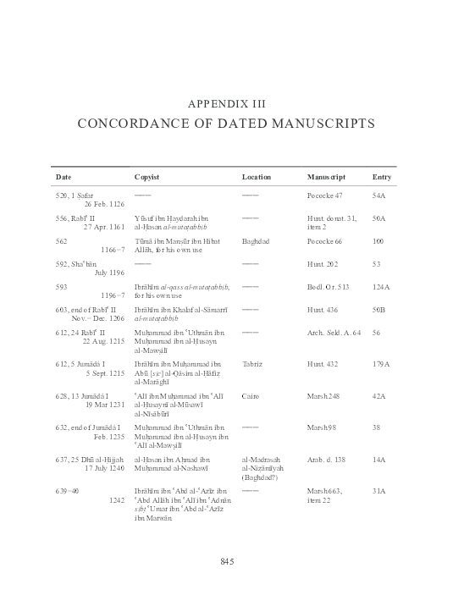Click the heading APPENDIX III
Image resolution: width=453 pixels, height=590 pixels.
pyautogui.click(x=226, y=105)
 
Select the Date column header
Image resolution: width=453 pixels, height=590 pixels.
pyautogui.click(x=64, y=178)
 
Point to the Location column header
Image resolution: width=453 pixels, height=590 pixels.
pyautogui.click(x=256, y=178)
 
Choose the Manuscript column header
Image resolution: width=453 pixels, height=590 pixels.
pyautogui.click(x=326, y=178)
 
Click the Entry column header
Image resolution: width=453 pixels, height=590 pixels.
pyautogui.click(x=382, y=178)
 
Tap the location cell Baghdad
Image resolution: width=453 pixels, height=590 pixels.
pyautogui.click(x=255, y=241)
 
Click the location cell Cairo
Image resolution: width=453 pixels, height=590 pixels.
pyautogui.click(x=250, y=395)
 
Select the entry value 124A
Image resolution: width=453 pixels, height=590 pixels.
pyautogui.click(x=380, y=287)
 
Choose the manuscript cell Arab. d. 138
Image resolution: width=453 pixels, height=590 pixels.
pyautogui.click(x=327, y=459)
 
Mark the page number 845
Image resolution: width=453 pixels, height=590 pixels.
pyautogui.click(x=226, y=562)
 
